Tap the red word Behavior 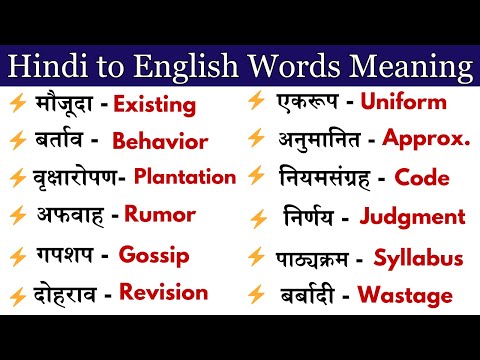[160, 141]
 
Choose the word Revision [163, 292]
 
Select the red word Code [422, 178]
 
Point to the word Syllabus [418, 258]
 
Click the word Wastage [412, 296]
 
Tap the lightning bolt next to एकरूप [256, 100]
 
